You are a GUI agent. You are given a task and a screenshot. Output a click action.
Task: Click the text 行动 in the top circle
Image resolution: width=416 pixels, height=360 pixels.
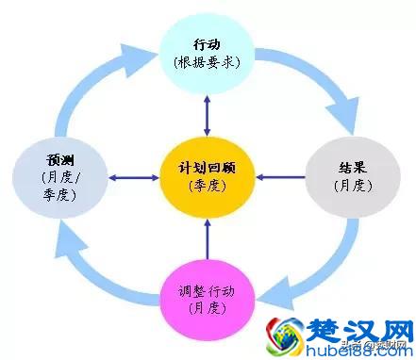pyautogui.click(x=208, y=43)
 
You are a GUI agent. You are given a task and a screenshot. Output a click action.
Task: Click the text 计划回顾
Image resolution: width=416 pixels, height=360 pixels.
pyautogui.click(x=207, y=167)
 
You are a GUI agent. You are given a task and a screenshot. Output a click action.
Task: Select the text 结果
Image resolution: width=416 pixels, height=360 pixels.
pyautogui.click(x=348, y=167)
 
